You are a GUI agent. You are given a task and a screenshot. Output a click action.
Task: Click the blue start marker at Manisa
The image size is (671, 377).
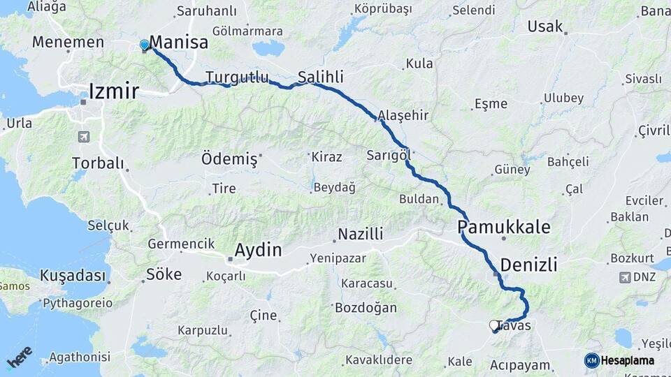tap(145, 45)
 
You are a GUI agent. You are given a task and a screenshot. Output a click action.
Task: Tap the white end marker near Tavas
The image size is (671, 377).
tap(493, 325)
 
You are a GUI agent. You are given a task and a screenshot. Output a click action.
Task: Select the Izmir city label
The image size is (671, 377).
tap(113, 91)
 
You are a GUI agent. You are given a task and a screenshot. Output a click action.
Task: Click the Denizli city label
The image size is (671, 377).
tap(529, 265)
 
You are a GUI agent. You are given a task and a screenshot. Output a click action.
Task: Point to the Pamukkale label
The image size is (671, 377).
tap(504, 227)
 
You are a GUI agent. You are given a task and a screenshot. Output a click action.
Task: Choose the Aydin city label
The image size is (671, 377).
tap(258, 250)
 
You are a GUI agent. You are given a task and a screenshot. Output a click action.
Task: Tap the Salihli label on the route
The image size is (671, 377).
tap(321, 77)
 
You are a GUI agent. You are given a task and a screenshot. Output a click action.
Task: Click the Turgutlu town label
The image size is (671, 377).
tap(237, 77)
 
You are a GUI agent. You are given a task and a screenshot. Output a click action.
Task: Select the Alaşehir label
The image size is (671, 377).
tap(403, 114)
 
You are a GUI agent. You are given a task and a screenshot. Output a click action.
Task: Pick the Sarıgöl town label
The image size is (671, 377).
tap(388, 154)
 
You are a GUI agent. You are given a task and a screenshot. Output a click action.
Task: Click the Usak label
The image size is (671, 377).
tap(545, 27)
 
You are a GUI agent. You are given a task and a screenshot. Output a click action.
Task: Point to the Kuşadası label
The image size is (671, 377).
tap(71, 274)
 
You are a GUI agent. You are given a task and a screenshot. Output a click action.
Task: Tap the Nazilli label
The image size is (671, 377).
tap(361, 234)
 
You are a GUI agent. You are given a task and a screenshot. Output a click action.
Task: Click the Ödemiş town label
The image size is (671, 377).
tap(229, 158)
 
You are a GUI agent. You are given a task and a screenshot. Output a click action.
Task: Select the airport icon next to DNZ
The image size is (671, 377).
tap(624, 278)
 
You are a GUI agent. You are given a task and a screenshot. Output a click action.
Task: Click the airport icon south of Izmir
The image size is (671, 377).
tap(85, 137)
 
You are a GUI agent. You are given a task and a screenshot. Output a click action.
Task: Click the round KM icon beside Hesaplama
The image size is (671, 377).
tap(592, 360)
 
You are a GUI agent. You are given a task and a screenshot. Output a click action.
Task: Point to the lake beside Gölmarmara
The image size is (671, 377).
tap(268, 48)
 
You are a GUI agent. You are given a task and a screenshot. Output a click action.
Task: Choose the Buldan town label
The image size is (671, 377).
tap(419, 199)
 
